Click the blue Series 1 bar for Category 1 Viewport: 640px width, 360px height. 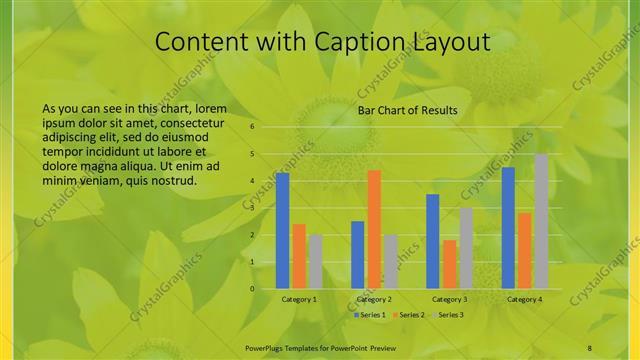click(x=282, y=231)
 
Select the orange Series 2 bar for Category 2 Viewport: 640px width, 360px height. click(x=374, y=229)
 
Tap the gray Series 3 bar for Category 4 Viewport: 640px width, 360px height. click(x=541, y=221)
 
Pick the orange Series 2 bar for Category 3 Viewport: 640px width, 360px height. click(x=449, y=264)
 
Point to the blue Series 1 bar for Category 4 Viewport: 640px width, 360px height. click(x=508, y=228)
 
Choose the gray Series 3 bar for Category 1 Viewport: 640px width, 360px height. click(x=315, y=262)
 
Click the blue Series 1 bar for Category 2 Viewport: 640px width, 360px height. click(x=357, y=255)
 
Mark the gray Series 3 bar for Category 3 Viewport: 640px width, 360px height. click(x=465, y=248)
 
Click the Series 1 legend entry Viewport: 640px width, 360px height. click(x=371, y=315)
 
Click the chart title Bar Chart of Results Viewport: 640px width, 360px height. click(x=408, y=110)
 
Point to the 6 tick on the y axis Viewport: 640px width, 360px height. click(x=253, y=127)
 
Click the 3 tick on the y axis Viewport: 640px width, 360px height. click(x=253, y=208)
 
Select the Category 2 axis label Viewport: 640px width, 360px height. click(x=373, y=300)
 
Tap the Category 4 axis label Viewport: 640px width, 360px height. click(x=524, y=300)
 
